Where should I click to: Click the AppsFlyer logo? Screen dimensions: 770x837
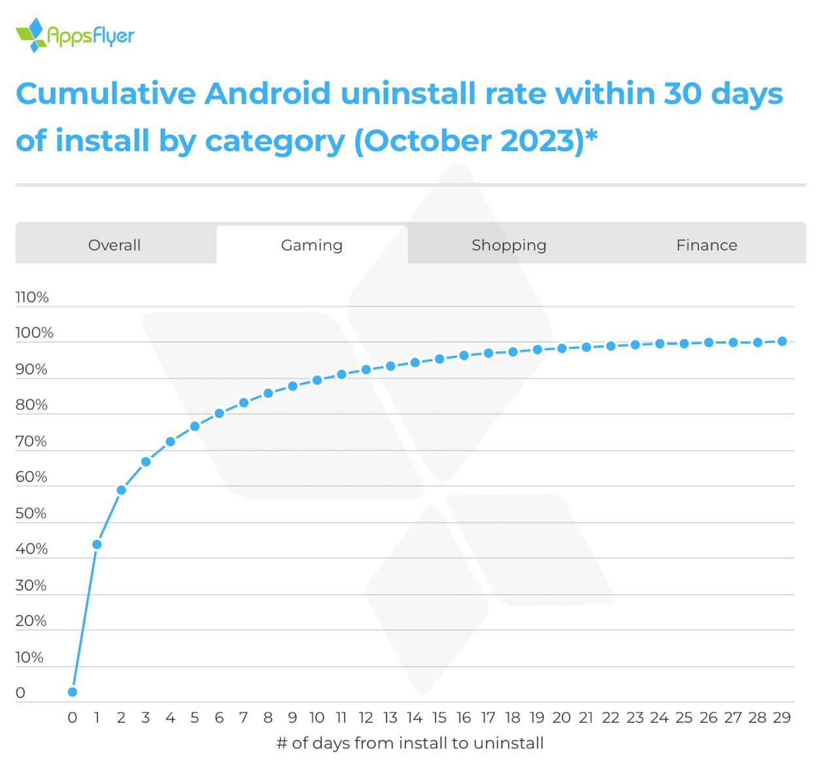click(75, 35)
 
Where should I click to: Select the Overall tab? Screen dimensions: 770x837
click(114, 245)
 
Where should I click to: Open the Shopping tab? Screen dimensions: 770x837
click(509, 245)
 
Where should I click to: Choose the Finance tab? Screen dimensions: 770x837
click(706, 245)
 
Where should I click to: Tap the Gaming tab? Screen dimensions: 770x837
click(312, 245)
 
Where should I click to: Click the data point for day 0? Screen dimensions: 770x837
click(73, 691)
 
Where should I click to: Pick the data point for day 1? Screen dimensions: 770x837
click(97, 544)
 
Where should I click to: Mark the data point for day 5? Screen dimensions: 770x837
click(195, 427)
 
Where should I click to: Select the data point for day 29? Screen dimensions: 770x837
click(782, 341)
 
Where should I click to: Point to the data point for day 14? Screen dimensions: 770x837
click(415, 362)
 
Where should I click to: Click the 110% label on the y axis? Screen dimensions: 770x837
click(32, 298)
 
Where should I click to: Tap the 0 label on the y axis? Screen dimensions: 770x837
click(20, 693)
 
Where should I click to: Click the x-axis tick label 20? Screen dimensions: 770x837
click(562, 718)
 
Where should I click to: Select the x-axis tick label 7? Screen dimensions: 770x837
click(243, 718)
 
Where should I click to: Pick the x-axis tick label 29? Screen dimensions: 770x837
click(782, 718)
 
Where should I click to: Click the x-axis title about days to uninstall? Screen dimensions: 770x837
click(410, 743)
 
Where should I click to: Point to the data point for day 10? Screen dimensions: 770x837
click(317, 380)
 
